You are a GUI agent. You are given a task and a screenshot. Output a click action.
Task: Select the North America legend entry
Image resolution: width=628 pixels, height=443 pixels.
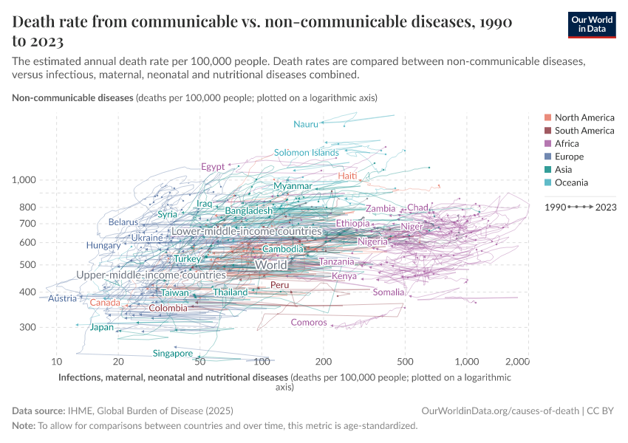(x=584, y=117)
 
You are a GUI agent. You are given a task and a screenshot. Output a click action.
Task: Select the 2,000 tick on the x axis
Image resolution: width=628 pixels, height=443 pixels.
(x=517, y=362)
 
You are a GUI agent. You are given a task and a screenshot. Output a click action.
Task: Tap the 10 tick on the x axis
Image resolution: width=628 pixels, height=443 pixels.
(x=56, y=362)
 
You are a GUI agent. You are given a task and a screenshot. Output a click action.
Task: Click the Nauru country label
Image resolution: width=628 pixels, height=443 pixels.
(x=305, y=124)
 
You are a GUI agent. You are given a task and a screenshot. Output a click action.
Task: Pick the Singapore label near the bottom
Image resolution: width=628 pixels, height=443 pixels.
(x=173, y=353)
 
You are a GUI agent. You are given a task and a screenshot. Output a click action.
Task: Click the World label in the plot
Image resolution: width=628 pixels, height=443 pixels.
(x=270, y=264)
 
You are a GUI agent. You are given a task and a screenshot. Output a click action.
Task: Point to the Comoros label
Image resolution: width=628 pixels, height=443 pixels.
(x=309, y=322)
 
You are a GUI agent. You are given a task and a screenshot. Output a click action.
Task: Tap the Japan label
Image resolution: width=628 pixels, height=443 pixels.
(x=102, y=327)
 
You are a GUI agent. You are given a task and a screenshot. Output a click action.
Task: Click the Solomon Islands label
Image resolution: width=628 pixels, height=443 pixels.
(x=306, y=153)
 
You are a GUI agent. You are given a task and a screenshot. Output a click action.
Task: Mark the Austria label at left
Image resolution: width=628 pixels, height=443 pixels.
(x=62, y=298)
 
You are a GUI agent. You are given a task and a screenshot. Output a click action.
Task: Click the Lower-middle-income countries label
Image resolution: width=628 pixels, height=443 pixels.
(x=246, y=231)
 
